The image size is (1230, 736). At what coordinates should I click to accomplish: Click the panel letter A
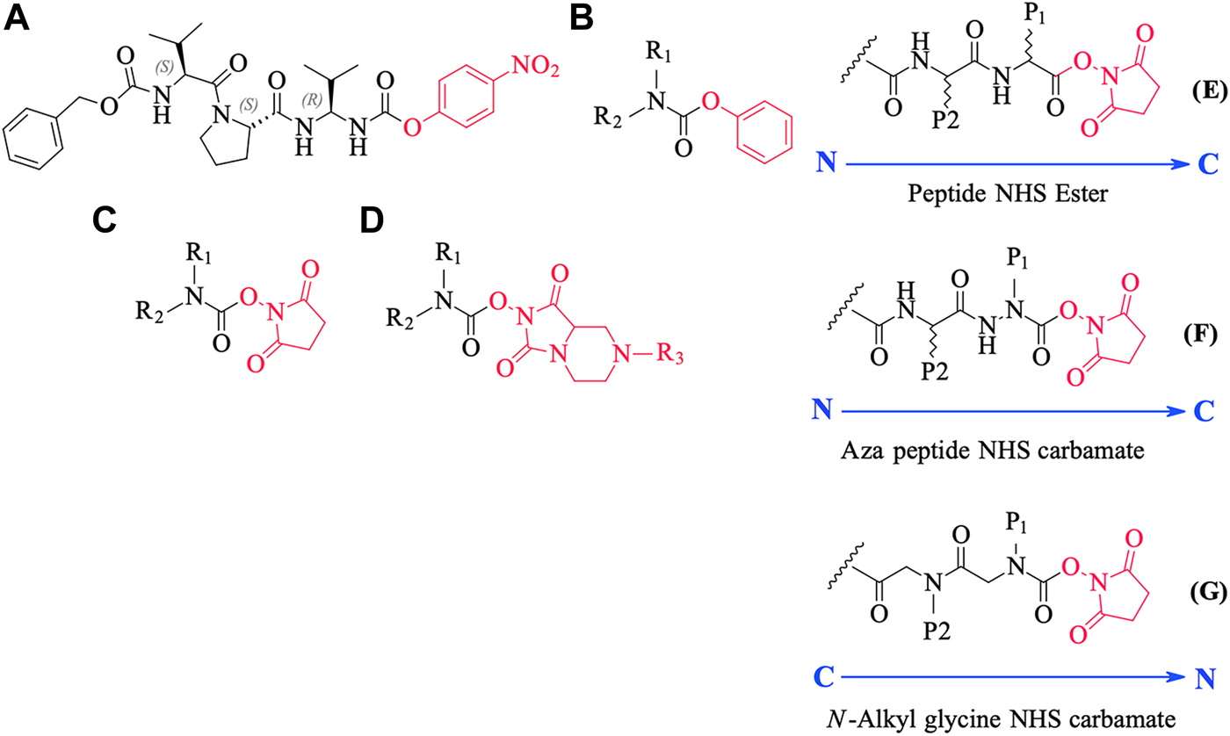tap(19, 19)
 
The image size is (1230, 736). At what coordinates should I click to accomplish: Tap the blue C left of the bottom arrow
tap(823, 676)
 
